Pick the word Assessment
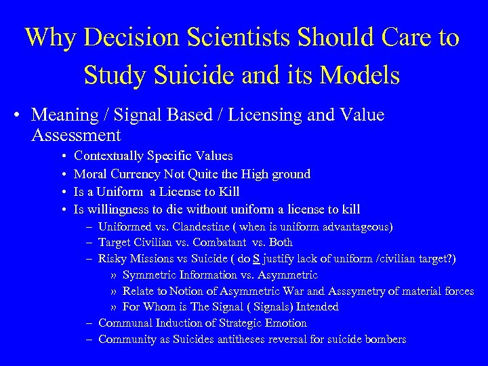click(x=76, y=136)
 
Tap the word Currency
click(x=137, y=174)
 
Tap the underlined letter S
click(x=256, y=258)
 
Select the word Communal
click(x=123, y=323)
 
